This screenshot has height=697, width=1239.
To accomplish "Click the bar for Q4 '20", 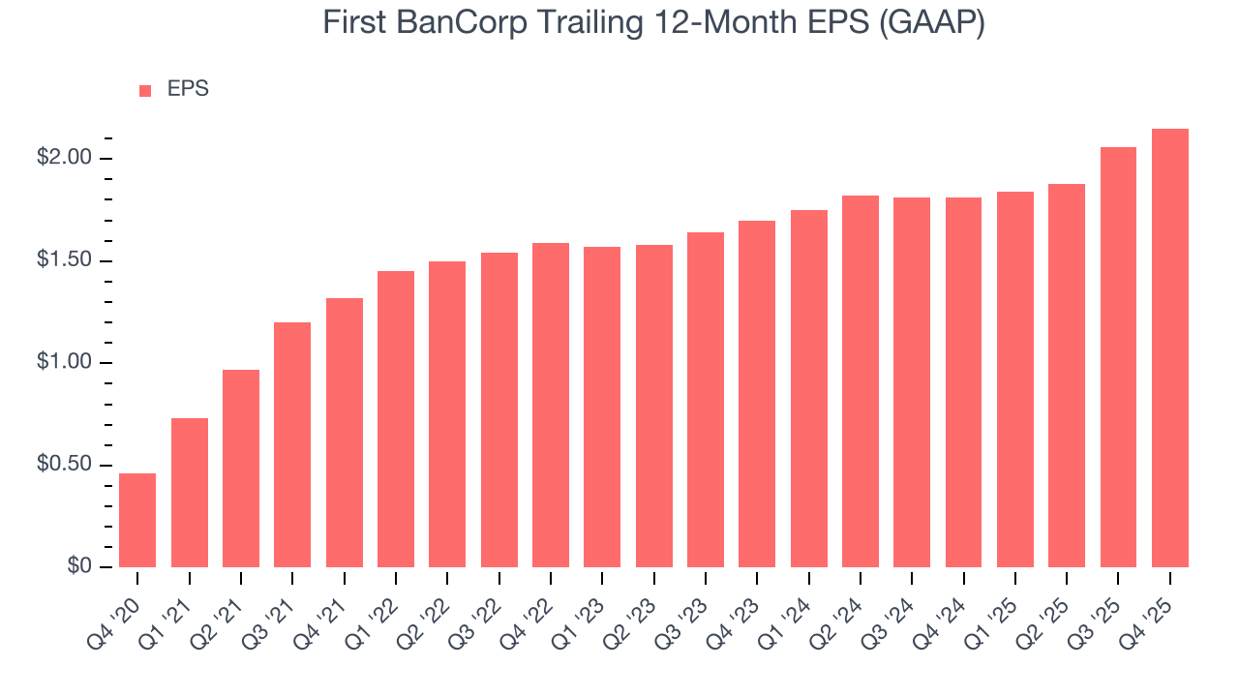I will (x=137, y=520).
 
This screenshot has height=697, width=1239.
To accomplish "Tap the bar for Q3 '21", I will (x=292, y=444).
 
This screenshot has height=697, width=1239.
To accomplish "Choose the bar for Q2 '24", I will (x=861, y=381).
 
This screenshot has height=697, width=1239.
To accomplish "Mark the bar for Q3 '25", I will (x=1118, y=357).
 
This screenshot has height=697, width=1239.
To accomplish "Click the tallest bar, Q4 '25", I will (x=1170, y=348).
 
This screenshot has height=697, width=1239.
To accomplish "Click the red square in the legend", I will (x=145, y=90).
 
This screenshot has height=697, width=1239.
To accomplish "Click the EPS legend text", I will (x=188, y=89).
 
